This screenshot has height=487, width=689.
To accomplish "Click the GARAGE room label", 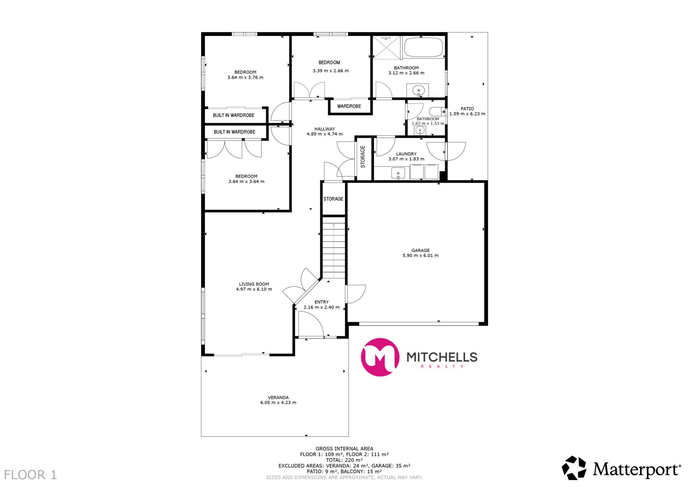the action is (420, 250).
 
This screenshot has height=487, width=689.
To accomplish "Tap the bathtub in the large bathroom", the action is (423, 47).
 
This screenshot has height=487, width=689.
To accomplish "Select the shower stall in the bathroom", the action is (386, 47).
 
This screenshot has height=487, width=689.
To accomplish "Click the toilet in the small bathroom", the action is (437, 112).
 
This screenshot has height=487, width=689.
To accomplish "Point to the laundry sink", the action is (398, 173).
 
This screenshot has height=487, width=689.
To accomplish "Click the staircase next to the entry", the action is (334, 248).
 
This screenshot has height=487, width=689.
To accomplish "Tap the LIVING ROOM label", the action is (254, 284).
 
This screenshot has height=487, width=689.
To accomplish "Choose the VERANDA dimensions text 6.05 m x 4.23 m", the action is (278, 403).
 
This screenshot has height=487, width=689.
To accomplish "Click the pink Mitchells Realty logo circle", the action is (380, 357).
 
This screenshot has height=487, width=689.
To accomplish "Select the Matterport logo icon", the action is (574, 468).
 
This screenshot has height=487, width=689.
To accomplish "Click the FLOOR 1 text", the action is (31, 475).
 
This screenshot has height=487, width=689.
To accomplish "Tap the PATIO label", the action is (467, 109).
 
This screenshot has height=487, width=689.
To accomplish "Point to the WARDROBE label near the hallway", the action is (349, 106).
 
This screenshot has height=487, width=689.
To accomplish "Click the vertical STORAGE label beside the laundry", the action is (363, 156).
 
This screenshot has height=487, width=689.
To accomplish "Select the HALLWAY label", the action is (325, 129).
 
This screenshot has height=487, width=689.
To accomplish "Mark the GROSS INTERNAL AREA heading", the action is (344, 449).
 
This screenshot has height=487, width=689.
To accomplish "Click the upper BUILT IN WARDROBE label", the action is (234, 115).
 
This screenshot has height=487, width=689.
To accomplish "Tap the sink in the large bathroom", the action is (418, 90).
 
